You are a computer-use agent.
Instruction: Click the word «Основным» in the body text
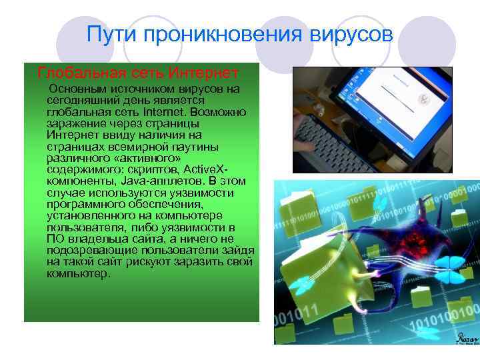click(x=83, y=89)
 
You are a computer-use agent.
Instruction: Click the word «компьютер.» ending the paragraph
click(x=77, y=273)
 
